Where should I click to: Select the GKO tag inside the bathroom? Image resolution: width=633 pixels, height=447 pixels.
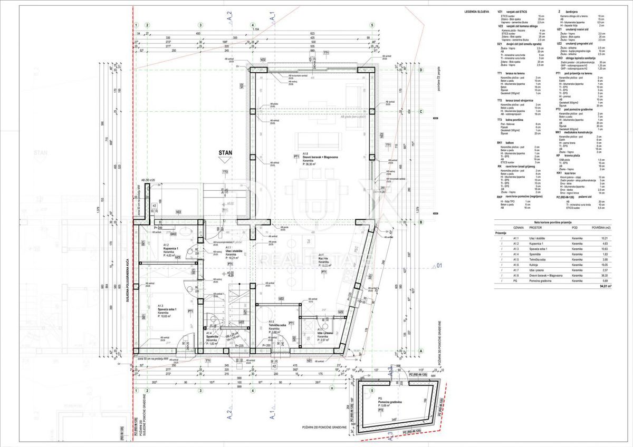[172, 234]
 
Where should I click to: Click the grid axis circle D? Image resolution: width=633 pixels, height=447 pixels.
[421, 69]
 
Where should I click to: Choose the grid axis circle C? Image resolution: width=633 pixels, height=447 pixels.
[421, 112]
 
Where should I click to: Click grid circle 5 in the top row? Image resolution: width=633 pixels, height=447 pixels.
[372, 24]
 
